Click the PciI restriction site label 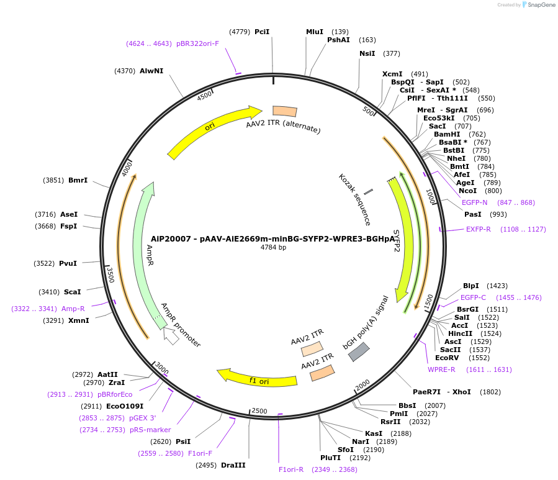click(262, 32)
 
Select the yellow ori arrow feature click(211, 130)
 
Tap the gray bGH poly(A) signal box click(359, 352)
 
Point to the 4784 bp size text click(273, 247)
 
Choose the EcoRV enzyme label click(446, 358)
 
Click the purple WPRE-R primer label click(441, 369)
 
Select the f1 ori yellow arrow click(254, 378)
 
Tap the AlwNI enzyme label click(151, 71)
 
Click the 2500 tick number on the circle click(259, 411)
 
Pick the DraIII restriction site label click(233, 465)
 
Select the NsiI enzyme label click(367, 53)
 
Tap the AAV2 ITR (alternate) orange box click(284, 111)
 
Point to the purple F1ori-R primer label click(291, 469)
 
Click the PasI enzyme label click(473, 214)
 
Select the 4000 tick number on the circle click(128, 168)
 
